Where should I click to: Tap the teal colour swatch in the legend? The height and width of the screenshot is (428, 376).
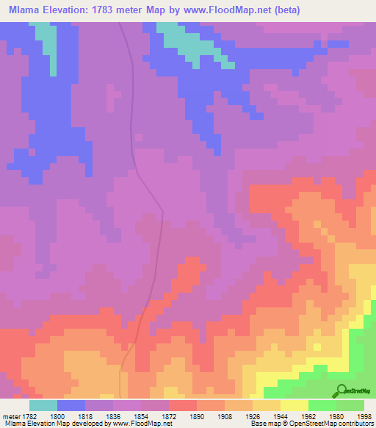[x=43, y=404]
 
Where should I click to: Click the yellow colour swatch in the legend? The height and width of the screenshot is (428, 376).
[x=294, y=404]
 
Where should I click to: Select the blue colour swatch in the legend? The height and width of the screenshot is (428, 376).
[x=71, y=404]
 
